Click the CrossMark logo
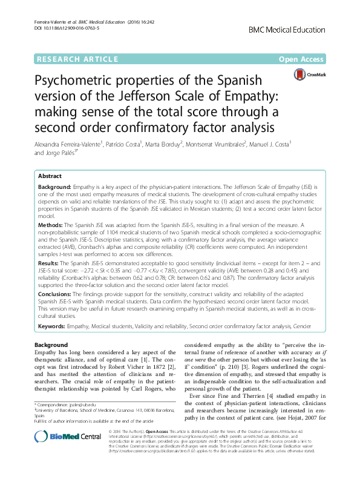pos(308,74)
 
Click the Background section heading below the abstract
pos(51,345)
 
